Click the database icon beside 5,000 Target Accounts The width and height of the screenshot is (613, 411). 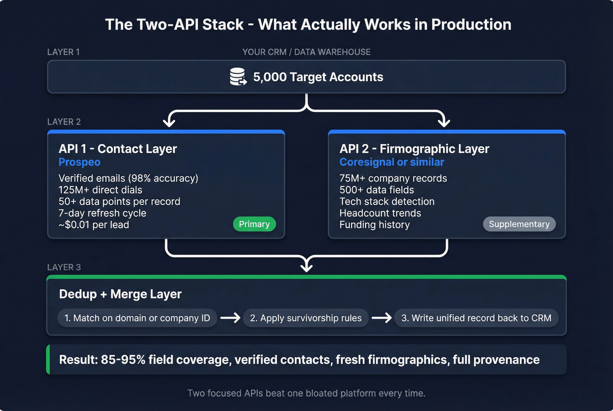(238, 77)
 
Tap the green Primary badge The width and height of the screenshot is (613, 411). (254, 224)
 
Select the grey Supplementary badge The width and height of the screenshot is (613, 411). (519, 224)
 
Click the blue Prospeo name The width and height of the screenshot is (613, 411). (80, 162)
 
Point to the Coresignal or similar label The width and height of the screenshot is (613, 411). (391, 162)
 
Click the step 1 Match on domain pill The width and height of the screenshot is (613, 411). (137, 318)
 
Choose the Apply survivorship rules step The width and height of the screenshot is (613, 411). (306, 318)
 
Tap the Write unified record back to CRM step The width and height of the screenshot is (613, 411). (476, 318)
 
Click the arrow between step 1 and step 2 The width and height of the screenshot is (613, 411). (230, 318)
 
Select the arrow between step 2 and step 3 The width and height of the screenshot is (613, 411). (382, 318)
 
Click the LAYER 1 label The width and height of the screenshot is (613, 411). (63, 52)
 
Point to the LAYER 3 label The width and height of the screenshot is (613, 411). (64, 267)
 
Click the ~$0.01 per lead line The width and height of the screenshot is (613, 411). (94, 225)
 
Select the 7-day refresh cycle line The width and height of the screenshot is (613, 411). (102, 213)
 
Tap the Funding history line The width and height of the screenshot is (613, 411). (374, 225)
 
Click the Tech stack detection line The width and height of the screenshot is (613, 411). (387, 202)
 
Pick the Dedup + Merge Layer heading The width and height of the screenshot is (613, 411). (120, 294)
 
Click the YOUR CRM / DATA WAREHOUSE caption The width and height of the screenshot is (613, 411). (306, 52)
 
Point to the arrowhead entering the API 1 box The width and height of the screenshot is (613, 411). (169, 122)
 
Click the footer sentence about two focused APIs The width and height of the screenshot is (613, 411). (306, 393)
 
